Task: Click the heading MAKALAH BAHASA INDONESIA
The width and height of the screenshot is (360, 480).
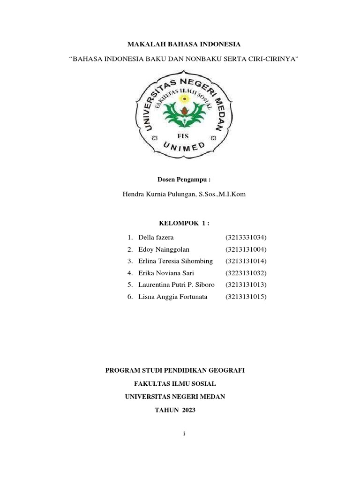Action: (184, 44)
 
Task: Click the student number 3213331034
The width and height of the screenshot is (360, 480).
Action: (246, 237)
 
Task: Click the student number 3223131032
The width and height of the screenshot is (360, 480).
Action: (246, 273)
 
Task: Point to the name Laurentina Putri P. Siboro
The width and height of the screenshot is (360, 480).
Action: (177, 285)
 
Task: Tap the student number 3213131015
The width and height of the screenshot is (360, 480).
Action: (246, 296)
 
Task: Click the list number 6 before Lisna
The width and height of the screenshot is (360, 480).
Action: (129, 296)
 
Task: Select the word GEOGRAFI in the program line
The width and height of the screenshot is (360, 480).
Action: (226, 370)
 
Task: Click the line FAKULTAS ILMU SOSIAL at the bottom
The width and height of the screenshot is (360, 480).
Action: (175, 383)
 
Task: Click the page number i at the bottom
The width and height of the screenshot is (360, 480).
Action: (185, 434)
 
